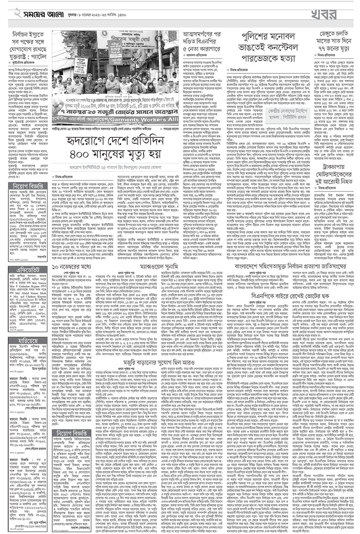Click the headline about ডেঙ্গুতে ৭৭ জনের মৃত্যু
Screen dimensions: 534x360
pyautogui.click(x=332, y=43)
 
